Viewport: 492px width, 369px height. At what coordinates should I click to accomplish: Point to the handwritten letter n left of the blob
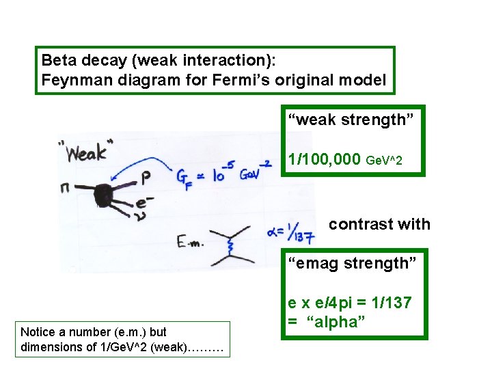tap(65, 185)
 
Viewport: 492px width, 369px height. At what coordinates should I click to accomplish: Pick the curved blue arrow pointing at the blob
tap(140, 163)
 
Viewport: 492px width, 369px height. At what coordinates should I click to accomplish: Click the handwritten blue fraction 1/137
tap(300, 234)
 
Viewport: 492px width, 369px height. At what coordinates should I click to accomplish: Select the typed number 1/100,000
tap(325, 160)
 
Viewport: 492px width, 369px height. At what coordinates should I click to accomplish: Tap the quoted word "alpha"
tap(336, 322)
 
